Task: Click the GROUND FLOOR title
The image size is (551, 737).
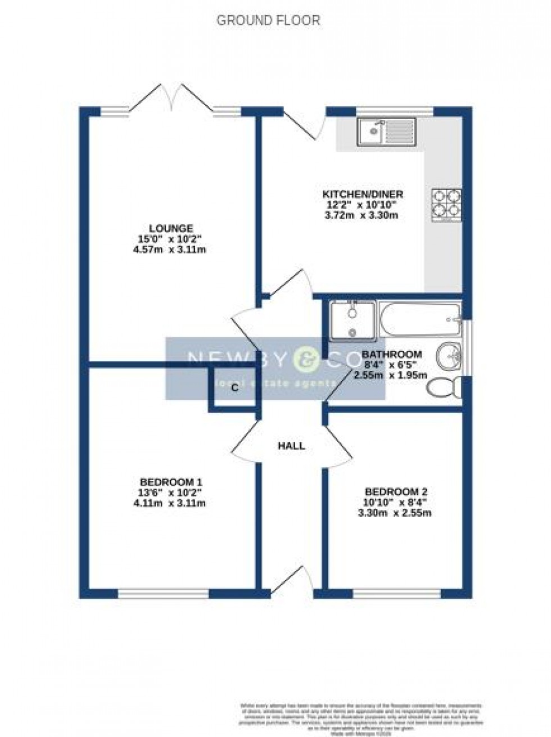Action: pos(268,21)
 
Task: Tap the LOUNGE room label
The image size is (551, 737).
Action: pos(171,228)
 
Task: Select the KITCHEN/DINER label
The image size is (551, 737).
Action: pos(363,195)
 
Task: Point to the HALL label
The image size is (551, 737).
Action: pos(292,446)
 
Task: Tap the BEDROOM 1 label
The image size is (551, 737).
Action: pos(171,482)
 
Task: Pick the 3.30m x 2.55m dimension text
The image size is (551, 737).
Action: pos(396,513)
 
